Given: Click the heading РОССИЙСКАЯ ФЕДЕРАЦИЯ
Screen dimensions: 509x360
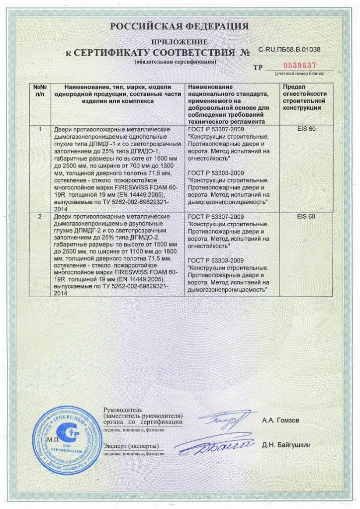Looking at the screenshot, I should pyautogui.click(x=180, y=26).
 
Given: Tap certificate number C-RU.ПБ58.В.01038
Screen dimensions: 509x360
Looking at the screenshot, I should pyautogui.click(x=289, y=50).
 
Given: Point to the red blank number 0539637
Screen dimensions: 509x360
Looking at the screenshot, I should pyautogui.click(x=298, y=65).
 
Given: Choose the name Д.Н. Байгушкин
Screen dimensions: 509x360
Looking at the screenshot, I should pyautogui.click(x=286, y=444).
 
